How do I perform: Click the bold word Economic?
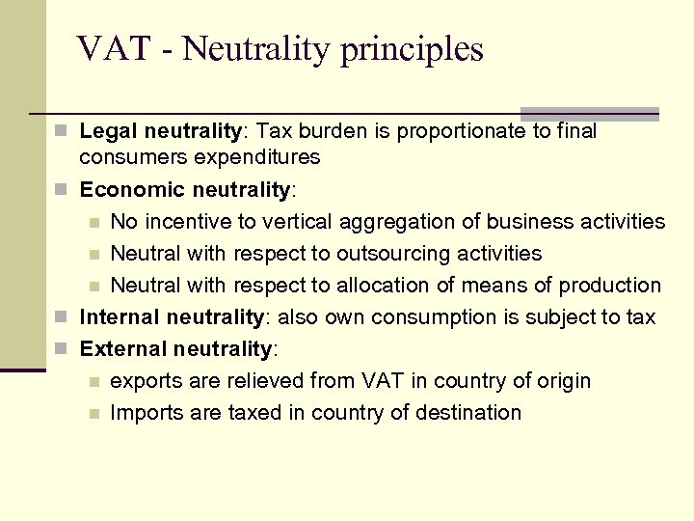click(132, 190)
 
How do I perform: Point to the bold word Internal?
click(120, 316)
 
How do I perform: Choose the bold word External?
click(123, 348)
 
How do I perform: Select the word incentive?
click(193, 222)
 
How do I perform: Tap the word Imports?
click(147, 413)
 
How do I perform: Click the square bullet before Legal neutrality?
click(62, 130)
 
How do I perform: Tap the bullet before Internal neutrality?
click(62, 316)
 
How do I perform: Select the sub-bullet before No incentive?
click(93, 223)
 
